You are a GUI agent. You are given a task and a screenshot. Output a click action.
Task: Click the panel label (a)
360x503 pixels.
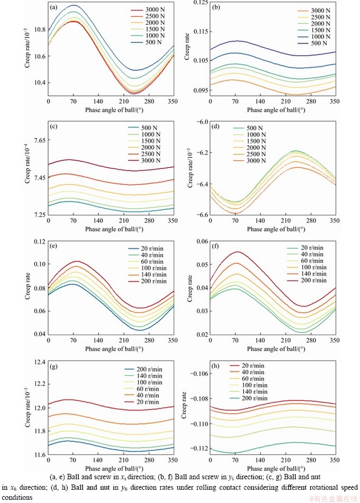coord(54,8)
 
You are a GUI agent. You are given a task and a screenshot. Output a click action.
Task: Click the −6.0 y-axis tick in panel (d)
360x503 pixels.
coord(200,122)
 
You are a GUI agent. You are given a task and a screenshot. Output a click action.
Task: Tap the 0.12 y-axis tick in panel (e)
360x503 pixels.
coord(38,241)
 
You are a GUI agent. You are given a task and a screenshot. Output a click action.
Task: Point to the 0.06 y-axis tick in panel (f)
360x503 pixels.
coord(200,241)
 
